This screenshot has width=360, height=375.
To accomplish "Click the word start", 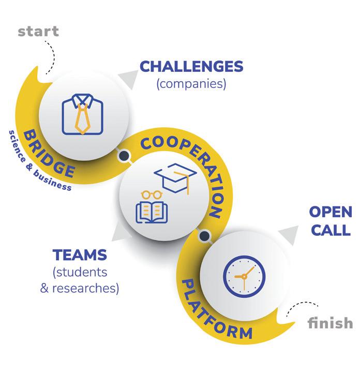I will click(x=38, y=31).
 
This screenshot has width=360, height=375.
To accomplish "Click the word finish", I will click(x=330, y=323).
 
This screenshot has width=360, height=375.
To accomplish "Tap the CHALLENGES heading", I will click(x=191, y=67).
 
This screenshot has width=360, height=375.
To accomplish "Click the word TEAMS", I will click(x=80, y=255).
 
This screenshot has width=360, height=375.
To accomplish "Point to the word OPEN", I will click(x=331, y=213).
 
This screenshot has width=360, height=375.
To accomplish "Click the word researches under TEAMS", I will click(x=85, y=288).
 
